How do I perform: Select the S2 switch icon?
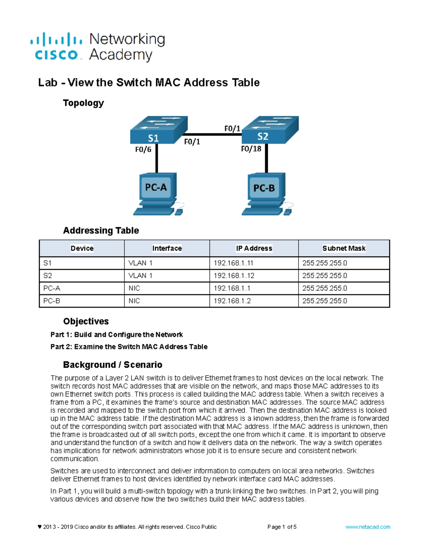point(270,129)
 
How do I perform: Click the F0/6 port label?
point(143,150)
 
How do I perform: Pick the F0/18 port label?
point(251,149)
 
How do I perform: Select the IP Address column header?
point(254,248)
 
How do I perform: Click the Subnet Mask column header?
point(344,248)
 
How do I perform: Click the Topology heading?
point(83,103)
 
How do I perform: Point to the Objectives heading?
point(86,321)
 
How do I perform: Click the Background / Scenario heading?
point(113,365)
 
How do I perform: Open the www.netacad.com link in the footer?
point(368,527)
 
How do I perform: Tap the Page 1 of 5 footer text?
point(282,527)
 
